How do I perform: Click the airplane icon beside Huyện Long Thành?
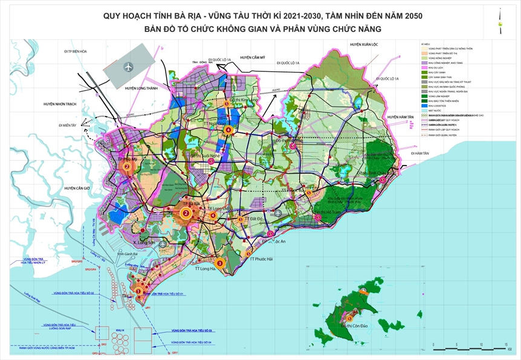(x=128, y=66)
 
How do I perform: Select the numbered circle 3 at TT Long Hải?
(x=220, y=263)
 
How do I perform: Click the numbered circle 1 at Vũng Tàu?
(x=138, y=292)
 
